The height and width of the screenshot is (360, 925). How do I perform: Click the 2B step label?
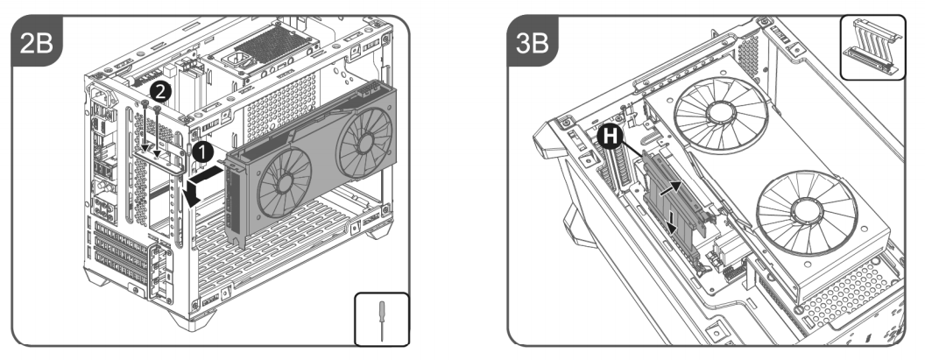point(37,43)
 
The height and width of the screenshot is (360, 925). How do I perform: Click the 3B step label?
point(532,43)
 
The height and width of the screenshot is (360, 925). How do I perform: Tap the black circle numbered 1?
point(202,153)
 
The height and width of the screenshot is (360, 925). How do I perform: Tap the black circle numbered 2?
point(160,91)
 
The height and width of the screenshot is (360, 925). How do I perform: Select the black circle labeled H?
point(611,137)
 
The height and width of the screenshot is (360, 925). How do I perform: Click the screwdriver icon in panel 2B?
point(382,320)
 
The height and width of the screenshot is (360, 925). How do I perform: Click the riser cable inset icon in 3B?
point(872,47)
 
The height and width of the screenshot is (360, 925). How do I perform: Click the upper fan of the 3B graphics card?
point(721,116)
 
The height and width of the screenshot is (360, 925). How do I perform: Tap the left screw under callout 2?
point(145,126)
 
